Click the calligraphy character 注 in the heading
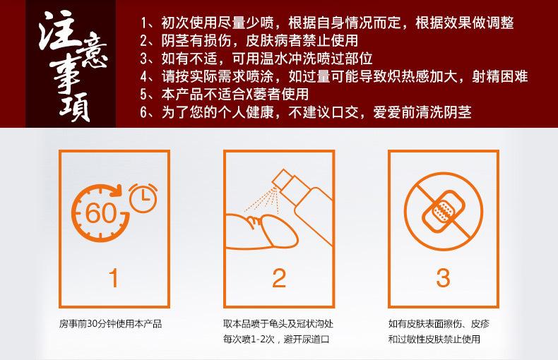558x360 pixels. click(x=58, y=31)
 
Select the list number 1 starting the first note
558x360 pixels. click(x=144, y=23)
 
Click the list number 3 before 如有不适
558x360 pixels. click(x=144, y=59)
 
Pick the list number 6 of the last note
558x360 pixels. click(x=144, y=112)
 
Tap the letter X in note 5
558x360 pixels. click(x=249, y=95)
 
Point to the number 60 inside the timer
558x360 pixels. click(x=101, y=213)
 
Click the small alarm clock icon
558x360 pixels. click(x=143, y=198)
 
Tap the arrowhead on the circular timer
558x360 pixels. click(x=115, y=191)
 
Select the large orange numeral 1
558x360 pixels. click(x=114, y=277)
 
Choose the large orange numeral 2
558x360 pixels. click(x=279, y=277)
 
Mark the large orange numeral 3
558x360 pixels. click(x=443, y=277)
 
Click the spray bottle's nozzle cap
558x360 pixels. click(x=281, y=179)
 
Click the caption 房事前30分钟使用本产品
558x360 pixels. click(x=111, y=324)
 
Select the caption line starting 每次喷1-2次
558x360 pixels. click(x=276, y=339)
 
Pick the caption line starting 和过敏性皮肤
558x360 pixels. click(x=434, y=339)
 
